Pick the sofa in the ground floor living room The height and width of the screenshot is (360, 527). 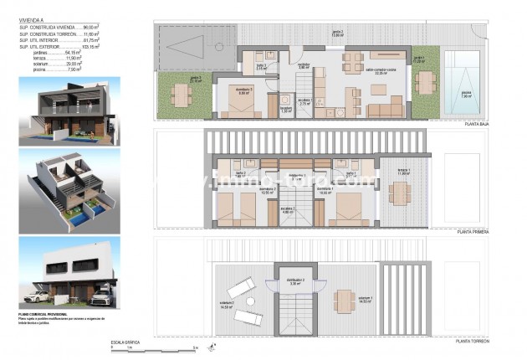pos(385,107)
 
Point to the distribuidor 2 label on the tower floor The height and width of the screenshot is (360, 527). pos(294,282)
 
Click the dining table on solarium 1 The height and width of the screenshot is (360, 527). pos(342,300)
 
